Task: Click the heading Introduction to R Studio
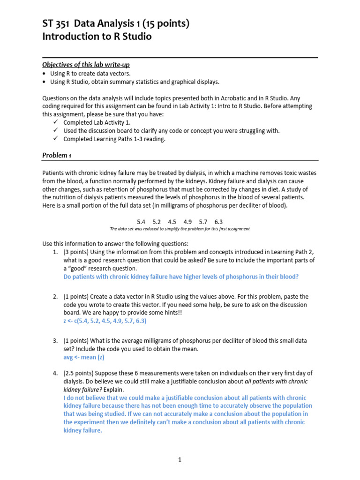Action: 97,36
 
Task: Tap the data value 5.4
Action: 141,222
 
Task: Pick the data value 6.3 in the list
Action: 218,222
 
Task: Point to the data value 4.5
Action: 172,222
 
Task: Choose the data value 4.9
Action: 187,222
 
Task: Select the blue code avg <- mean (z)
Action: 83,357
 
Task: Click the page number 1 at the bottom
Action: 180,460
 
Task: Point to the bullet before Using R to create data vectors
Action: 44,74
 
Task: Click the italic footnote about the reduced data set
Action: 180,229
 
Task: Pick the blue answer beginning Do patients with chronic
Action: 180,277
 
